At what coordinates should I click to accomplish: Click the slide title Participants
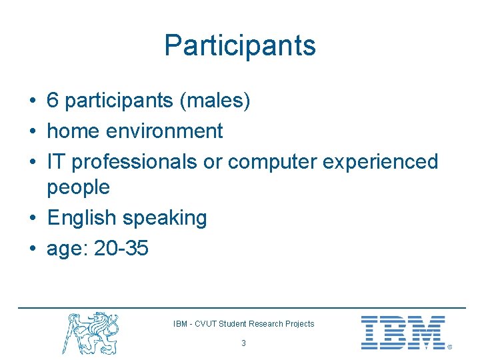pos(240,45)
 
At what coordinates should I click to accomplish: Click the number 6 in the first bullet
pos(53,101)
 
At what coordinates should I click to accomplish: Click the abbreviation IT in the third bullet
pos(56,161)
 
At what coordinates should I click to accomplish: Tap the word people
pos(78,187)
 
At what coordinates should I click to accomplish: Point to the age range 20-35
pos(121,249)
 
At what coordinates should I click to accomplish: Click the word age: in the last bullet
pos(67,250)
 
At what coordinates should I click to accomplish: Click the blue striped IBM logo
pos(403,333)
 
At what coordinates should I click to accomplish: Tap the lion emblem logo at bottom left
pos(92,332)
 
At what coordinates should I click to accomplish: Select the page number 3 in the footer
pos(243,343)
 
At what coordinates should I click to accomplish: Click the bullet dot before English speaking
pos(32,219)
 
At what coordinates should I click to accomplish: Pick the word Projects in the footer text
pos(299,324)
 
